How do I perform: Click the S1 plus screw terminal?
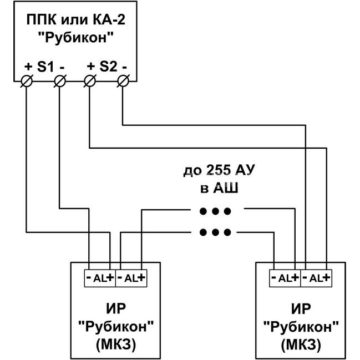pyautogui.click(x=27, y=81)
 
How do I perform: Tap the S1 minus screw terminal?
pyautogui.click(x=60, y=81)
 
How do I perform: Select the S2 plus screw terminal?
pyautogui.click(x=90, y=81)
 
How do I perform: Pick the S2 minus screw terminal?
pyautogui.click(x=123, y=81)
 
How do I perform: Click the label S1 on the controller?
pyautogui.click(x=45, y=67)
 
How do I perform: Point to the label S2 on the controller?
pyautogui.click(x=108, y=67)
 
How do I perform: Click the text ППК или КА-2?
pyautogui.click(x=76, y=19)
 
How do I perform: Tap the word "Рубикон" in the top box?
pyautogui.click(x=76, y=37)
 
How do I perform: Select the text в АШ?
pyautogui.click(x=219, y=188)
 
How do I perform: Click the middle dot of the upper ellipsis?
pyautogui.click(x=215, y=211)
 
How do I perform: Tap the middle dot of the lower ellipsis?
pyautogui.click(x=215, y=232)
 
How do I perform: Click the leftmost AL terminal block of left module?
pyautogui.click(x=100, y=278)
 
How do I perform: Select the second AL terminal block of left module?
pyautogui.click(x=131, y=278)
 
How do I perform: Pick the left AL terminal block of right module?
pyautogui.click(x=285, y=278)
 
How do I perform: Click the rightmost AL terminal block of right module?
pyautogui.click(x=316, y=278)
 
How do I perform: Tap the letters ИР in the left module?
pyautogui.click(x=116, y=308)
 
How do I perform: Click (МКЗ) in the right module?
pyautogui.click(x=301, y=344)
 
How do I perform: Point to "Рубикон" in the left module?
pyautogui.click(x=116, y=326)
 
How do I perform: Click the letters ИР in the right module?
pyautogui.click(x=301, y=308)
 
